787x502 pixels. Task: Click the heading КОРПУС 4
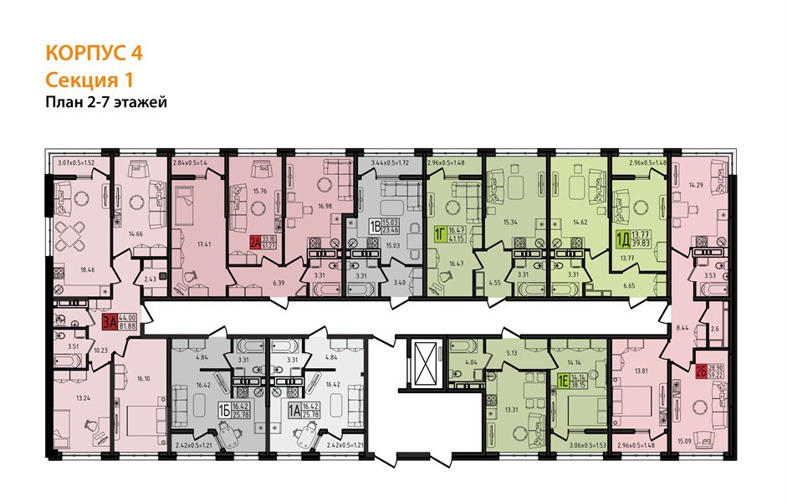pyautogui.click(x=93, y=53)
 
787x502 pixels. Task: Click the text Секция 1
pyautogui.click(x=88, y=79)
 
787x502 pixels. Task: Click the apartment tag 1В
pyautogui.click(x=376, y=225)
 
